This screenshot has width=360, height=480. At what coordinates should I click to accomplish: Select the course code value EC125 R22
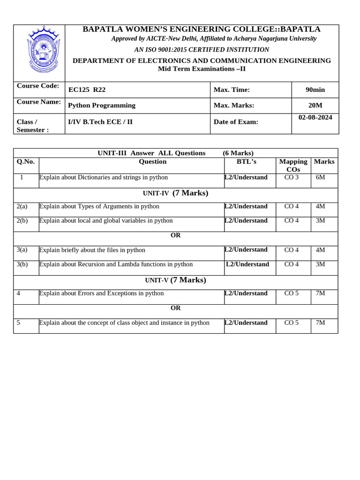(x=87, y=90)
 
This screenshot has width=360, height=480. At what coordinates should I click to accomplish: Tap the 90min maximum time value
(x=315, y=90)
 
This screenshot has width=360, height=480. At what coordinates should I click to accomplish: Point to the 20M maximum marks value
(x=315, y=105)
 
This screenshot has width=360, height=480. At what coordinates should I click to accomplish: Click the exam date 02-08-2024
(x=315, y=117)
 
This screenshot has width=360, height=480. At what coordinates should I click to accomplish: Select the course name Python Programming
(x=102, y=105)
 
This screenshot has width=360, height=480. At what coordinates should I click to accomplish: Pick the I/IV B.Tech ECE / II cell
(x=100, y=122)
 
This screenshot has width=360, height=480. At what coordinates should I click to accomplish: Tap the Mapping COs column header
(x=293, y=165)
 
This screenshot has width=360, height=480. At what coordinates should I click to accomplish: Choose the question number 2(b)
(x=22, y=220)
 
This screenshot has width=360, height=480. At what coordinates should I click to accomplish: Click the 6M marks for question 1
(x=321, y=177)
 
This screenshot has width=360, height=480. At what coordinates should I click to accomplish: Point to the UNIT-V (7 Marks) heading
(x=175, y=280)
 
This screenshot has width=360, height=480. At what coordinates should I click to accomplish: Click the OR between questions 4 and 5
(x=175, y=308)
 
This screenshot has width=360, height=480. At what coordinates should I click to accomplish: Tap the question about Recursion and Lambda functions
(x=116, y=264)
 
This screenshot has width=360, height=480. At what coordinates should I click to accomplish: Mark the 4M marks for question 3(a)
(x=321, y=250)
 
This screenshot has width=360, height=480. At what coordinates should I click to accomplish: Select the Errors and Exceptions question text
(x=101, y=293)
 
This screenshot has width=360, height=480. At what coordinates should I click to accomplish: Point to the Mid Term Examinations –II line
(x=202, y=69)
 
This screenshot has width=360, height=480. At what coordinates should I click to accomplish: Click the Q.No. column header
(x=26, y=161)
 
